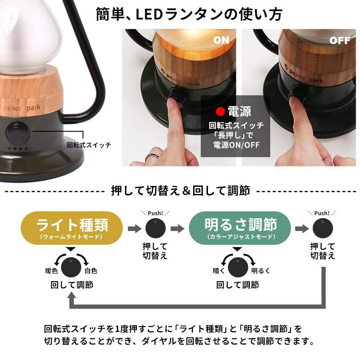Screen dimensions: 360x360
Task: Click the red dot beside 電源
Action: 220,111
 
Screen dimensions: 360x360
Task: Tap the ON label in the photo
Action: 221,40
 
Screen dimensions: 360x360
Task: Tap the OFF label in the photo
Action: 340,41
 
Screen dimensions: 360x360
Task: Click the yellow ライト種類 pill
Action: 72,228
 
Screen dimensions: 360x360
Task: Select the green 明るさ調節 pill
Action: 240,228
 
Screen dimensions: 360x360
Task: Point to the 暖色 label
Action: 51,271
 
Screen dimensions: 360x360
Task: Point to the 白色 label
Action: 91,271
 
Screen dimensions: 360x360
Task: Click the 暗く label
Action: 219,271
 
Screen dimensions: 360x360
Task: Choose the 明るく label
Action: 260,271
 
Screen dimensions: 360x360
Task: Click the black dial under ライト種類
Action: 71,267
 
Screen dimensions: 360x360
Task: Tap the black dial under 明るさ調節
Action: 238,267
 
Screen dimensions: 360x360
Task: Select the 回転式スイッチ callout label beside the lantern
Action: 89,145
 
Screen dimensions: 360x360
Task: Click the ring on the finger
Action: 152,157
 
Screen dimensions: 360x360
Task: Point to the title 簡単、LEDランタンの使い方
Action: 189,14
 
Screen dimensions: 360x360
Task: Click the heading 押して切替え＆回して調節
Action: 180,191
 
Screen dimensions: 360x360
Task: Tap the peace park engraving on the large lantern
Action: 21,108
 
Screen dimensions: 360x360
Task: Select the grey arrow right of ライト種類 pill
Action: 135,228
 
